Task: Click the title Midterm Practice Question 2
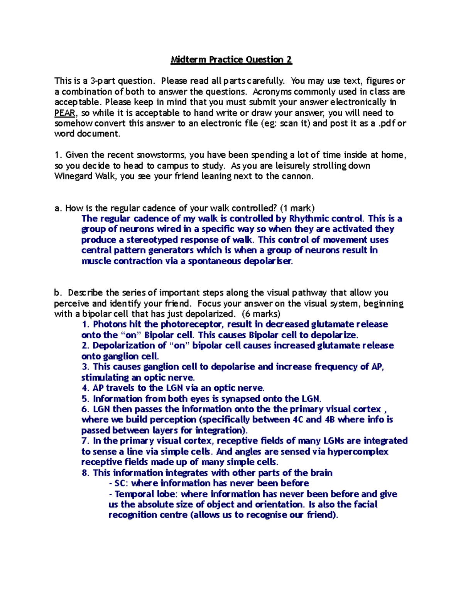(x=231, y=60)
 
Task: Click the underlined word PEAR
(x=65, y=113)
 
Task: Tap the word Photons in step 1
(x=110, y=324)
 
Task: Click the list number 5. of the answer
(x=85, y=399)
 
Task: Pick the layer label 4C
(x=298, y=420)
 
